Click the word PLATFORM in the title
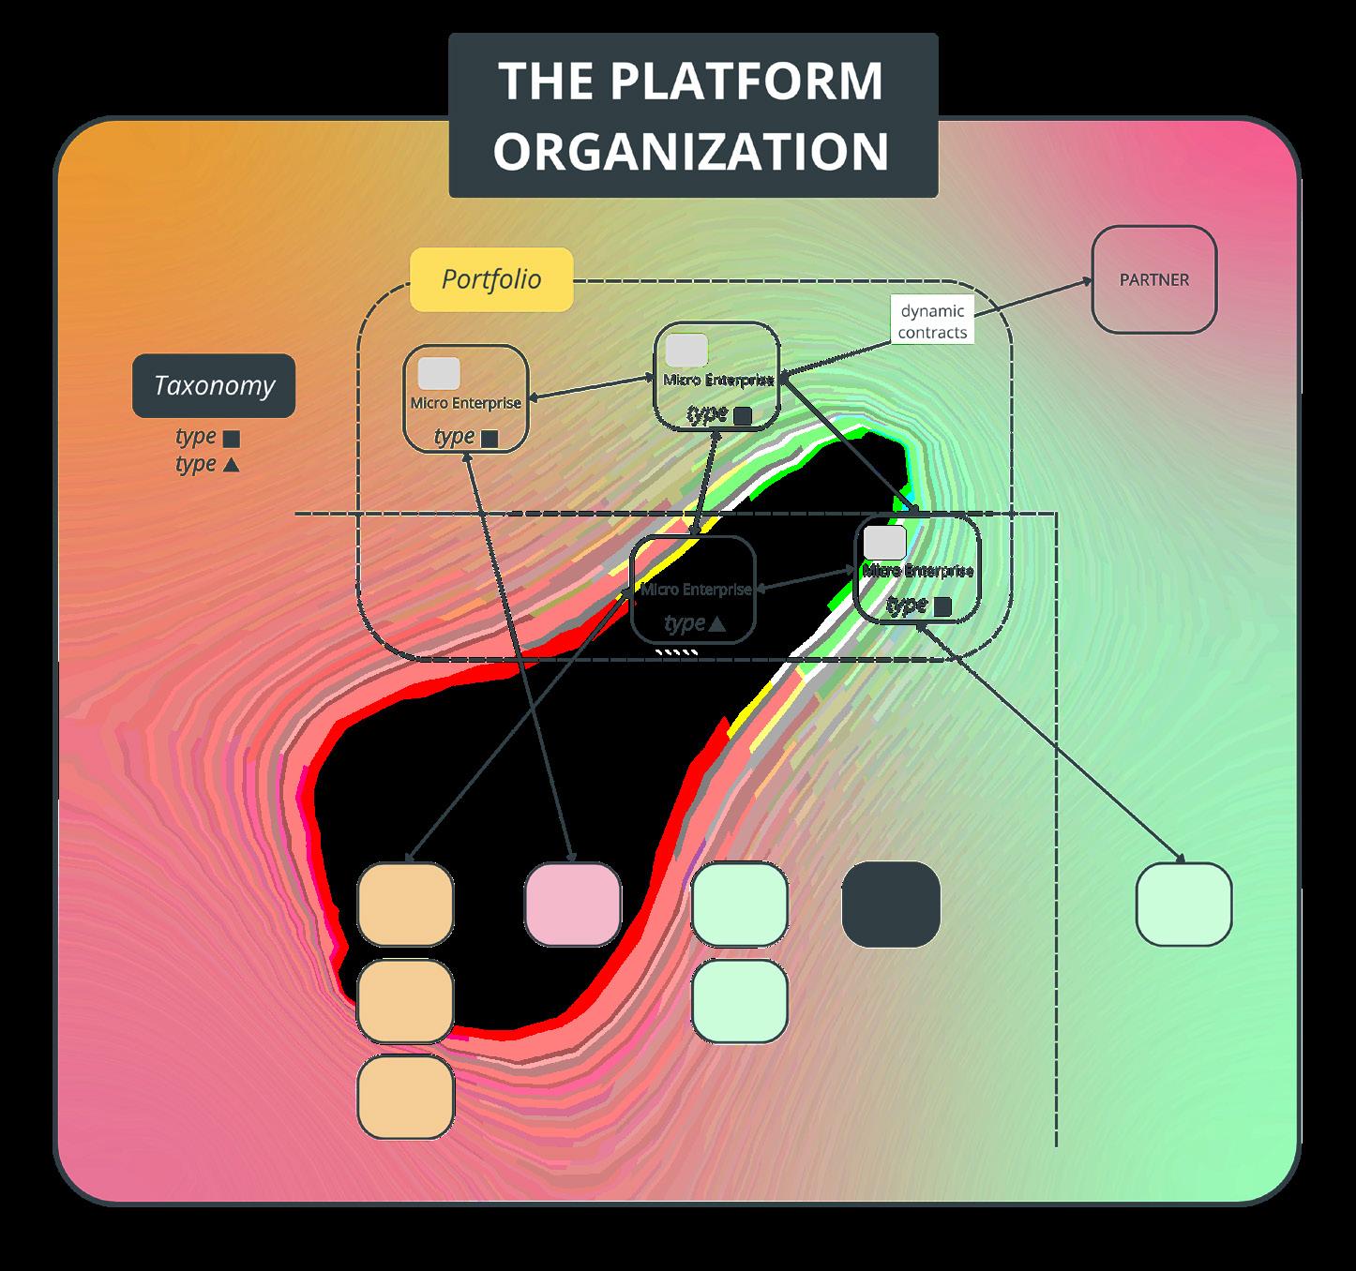tap(746, 81)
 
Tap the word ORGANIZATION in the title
tap(692, 151)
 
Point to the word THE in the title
tap(546, 81)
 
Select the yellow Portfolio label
tap(491, 279)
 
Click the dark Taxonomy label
tap(214, 385)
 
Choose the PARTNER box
tap(1154, 279)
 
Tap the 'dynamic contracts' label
tap(932, 321)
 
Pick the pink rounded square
tap(573, 905)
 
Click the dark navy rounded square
tap(890, 905)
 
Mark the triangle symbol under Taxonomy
tap(231, 464)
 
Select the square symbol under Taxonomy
tap(231, 438)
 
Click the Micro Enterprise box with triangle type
tap(694, 591)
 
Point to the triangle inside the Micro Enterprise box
tap(717, 624)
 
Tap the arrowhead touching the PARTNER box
tap(1087, 279)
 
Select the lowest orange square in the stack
tap(406, 1097)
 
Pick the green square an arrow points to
tap(1183, 905)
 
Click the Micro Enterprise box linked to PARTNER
tap(716, 377)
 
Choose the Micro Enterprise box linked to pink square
tap(466, 399)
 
